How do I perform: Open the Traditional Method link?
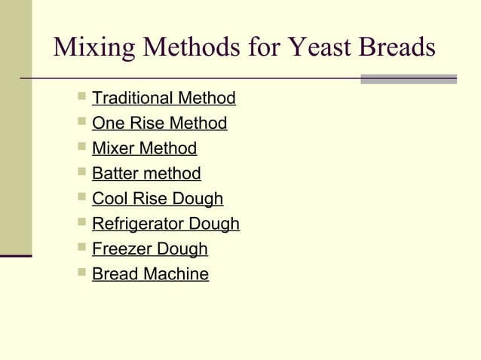164,98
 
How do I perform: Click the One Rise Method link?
159,123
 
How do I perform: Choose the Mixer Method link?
144,148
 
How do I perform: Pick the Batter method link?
146,174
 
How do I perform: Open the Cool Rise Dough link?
158,199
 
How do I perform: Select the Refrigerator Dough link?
166,224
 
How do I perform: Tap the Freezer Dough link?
149,249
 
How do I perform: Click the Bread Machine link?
150,274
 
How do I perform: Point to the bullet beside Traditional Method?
81,97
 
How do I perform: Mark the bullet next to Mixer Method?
81,148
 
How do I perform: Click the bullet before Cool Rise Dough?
81,198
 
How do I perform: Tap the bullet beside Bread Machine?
81,273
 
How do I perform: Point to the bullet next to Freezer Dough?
81,248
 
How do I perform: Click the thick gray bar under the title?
408,78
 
